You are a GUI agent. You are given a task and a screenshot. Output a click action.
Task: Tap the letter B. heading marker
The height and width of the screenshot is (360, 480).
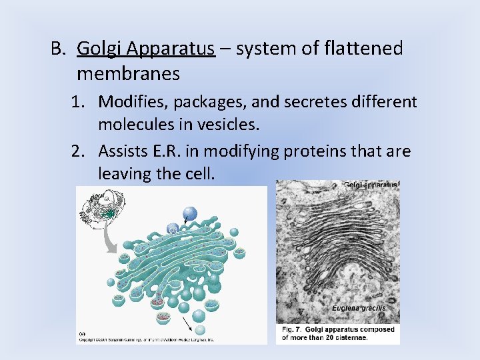tap(60, 49)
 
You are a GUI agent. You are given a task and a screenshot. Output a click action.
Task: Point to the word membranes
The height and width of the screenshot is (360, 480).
tap(128, 73)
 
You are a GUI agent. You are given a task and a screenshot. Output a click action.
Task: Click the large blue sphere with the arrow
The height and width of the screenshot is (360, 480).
tap(190, 213)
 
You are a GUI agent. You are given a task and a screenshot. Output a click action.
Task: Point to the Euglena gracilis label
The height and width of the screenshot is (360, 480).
tap(359, 308)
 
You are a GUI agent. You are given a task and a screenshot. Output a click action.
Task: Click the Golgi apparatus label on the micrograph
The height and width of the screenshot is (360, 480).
tap(370, 185)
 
